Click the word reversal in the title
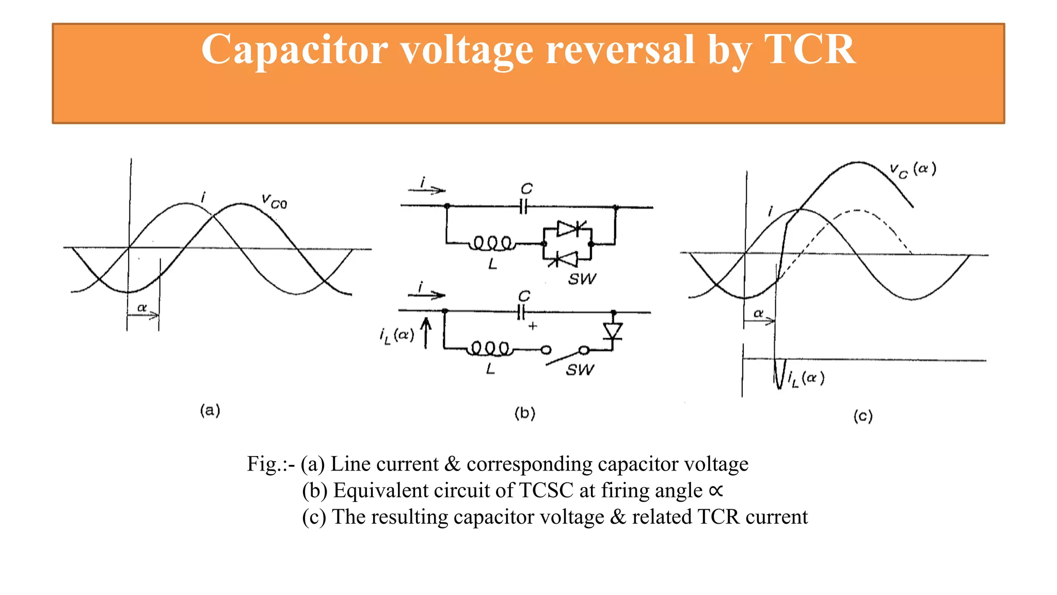tap(620, 50)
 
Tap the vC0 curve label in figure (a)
tap(274, 201)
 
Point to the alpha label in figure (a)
tap(142, 308)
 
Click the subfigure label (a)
tap(210, 411)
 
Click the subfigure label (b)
tap(525, 413)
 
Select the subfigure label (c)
tap(862, 416)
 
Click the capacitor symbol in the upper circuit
tap(524, 207)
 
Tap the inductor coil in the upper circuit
tap(492, 243)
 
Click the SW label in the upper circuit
tap(582, 279)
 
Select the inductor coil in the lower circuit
tap(490, 349)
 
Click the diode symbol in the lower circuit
tap(613, 331)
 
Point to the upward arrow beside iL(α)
tap(426, 333)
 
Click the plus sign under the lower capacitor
tap(533, 326)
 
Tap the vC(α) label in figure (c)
tap(912, 170)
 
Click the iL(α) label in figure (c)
tap(806, 379)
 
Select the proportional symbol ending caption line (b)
tap(716, 490)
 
